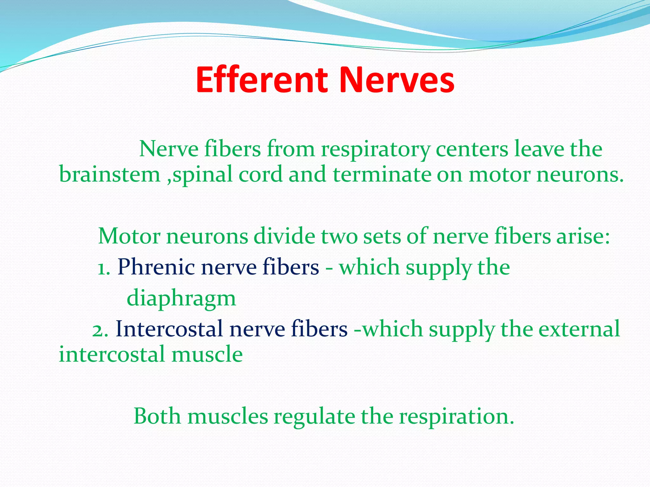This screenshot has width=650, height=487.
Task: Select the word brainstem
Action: click(110, 174)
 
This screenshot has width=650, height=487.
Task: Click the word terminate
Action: click(382, 174)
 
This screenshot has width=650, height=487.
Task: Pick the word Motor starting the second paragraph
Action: click(130, 236)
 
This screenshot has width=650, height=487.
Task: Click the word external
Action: click(579, 329)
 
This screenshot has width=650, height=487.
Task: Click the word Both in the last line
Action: click(157, 416)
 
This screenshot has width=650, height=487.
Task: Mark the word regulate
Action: click(314, 417)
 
